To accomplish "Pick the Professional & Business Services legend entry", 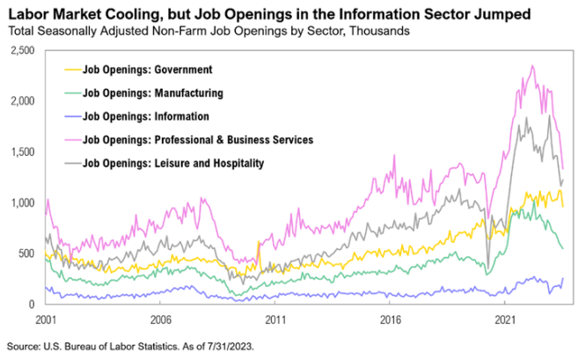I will tap(197, 139).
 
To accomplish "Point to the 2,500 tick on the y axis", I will tap(22, 51).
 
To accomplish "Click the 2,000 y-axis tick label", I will tap(22, 102).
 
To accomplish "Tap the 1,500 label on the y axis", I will tap(22, 152).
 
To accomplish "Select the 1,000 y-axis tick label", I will tap(22, 203).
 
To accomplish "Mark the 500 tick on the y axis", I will tap(26, 253).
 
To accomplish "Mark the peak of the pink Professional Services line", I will tap(532, 65).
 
